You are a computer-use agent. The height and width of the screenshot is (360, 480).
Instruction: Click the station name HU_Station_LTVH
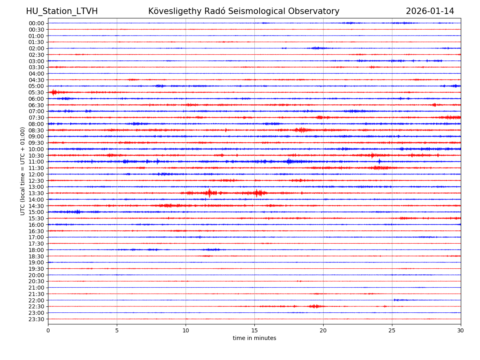tap(62, 11)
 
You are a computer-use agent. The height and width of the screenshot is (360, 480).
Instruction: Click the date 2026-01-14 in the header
tap(430, 11)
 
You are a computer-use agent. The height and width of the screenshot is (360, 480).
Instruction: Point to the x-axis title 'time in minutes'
tap(254, 338)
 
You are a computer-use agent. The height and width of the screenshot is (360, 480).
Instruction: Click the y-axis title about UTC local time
tap(23, 171)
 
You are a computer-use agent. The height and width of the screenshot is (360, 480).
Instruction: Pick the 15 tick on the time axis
tap(254, 330)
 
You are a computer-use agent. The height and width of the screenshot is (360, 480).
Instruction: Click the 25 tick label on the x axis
tap(392, 330)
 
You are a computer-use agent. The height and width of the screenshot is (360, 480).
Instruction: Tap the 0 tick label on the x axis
tap(48, 330)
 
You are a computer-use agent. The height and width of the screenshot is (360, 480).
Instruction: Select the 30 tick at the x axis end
tap(461, 330)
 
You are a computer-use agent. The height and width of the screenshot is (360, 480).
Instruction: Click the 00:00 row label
tap(36, 23)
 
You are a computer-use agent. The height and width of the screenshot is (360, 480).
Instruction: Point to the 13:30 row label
tap(36, 193)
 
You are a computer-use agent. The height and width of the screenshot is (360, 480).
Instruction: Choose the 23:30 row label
tap(36, 319)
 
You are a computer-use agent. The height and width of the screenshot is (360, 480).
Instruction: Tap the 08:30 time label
tap(36, 130)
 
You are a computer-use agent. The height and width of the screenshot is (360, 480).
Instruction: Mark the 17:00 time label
tap(36, 237)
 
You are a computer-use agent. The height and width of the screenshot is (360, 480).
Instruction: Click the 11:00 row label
tap(36, 162)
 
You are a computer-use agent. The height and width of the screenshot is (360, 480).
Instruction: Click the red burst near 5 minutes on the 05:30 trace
tap(54, 92)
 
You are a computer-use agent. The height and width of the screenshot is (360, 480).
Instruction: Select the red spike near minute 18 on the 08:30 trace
tap(300, 130)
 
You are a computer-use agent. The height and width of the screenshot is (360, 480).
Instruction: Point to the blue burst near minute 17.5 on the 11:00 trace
tap(289, 162)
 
